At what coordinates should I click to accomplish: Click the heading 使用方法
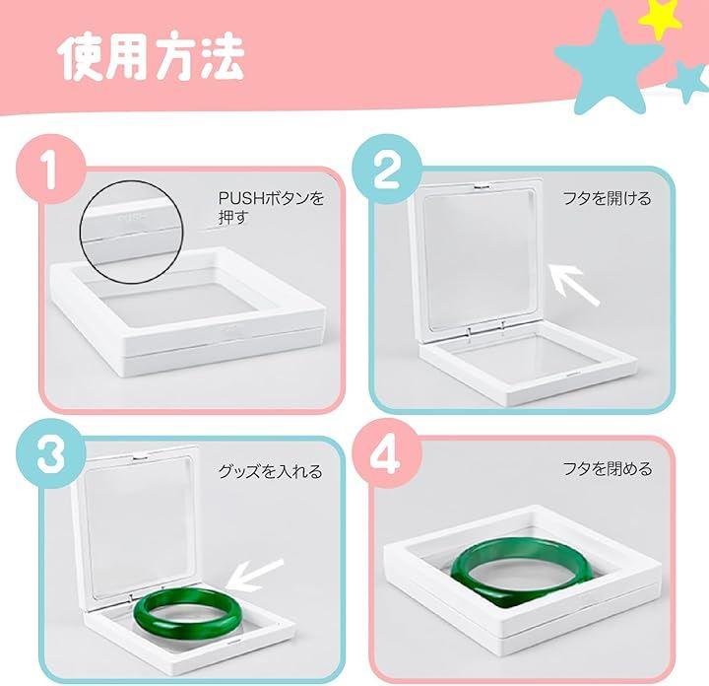pos(152,57)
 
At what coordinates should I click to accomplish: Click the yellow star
pos(660,16)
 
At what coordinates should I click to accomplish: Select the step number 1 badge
pos(50,169)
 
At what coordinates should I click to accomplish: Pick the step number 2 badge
pos(387,169)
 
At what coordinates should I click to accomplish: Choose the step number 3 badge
pos(50,453)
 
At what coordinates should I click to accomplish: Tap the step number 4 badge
pos(387,453)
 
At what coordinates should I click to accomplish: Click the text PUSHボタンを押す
pos(272,208)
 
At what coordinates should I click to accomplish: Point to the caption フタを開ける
pos(607,198)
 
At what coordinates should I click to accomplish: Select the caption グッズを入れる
pos(271,471)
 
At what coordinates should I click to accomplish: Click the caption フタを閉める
pos(608,469)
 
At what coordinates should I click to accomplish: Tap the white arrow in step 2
pos(573,285)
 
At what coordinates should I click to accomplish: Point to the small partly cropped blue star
pos(689,82)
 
